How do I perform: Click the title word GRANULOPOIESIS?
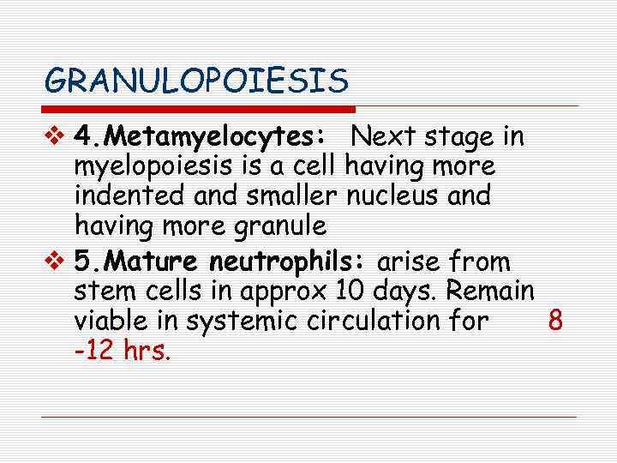[x=197, y=81]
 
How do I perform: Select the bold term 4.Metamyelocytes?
[x=199, y=137]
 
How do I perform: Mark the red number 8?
[x=555, y=321]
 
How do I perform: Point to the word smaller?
[x=292, y=195]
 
